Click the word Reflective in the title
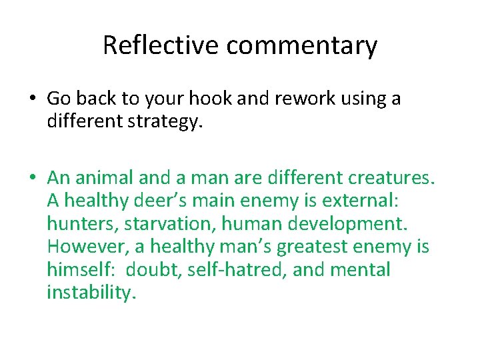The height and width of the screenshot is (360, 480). coord(161,45)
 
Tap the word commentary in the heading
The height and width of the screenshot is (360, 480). coord(301,45)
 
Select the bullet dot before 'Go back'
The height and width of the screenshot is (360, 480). coord(33,99)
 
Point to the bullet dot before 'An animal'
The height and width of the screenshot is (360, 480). coord(33,179)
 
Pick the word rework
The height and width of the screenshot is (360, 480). coord(309,99)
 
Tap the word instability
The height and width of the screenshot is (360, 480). coord(91,292)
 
